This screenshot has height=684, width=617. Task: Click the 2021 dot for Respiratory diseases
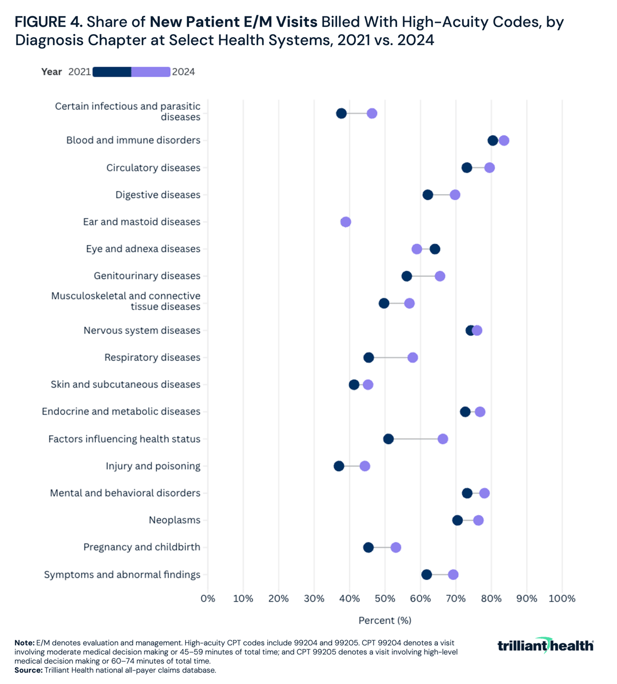[x=368, y=357]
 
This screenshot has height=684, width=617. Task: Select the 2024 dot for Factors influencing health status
[x=443, y=439]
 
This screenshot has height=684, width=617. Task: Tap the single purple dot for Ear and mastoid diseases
[x=346, y=222]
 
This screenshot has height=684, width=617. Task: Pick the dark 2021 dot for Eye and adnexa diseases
[x=435, y=249]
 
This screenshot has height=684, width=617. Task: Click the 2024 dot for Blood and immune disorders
[x=504, y=141]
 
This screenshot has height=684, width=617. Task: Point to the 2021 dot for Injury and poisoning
[x=339, y=466]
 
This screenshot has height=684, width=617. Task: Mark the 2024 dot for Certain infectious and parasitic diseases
[x=372, y=114]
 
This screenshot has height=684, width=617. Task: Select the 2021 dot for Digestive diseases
[x=428, y=195]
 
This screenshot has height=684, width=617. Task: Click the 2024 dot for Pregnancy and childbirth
[x=396, y=548]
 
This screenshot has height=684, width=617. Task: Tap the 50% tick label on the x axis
[x=385, y=598]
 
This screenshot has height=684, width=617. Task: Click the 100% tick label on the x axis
[x=562, y=598]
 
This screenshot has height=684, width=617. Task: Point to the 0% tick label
[x=208, y=598]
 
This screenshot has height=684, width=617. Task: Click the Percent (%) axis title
[x=385, y=620]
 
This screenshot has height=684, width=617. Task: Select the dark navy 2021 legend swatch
[x=112, y=72]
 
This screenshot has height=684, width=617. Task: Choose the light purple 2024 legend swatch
[x=151, y=72]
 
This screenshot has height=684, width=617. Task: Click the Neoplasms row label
[x=174, y=520]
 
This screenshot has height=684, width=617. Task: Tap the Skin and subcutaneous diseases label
[x=126, y=385]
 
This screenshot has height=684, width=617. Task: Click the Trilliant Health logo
[x=545, y=645]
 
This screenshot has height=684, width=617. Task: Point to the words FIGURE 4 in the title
[x=49, y=23]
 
